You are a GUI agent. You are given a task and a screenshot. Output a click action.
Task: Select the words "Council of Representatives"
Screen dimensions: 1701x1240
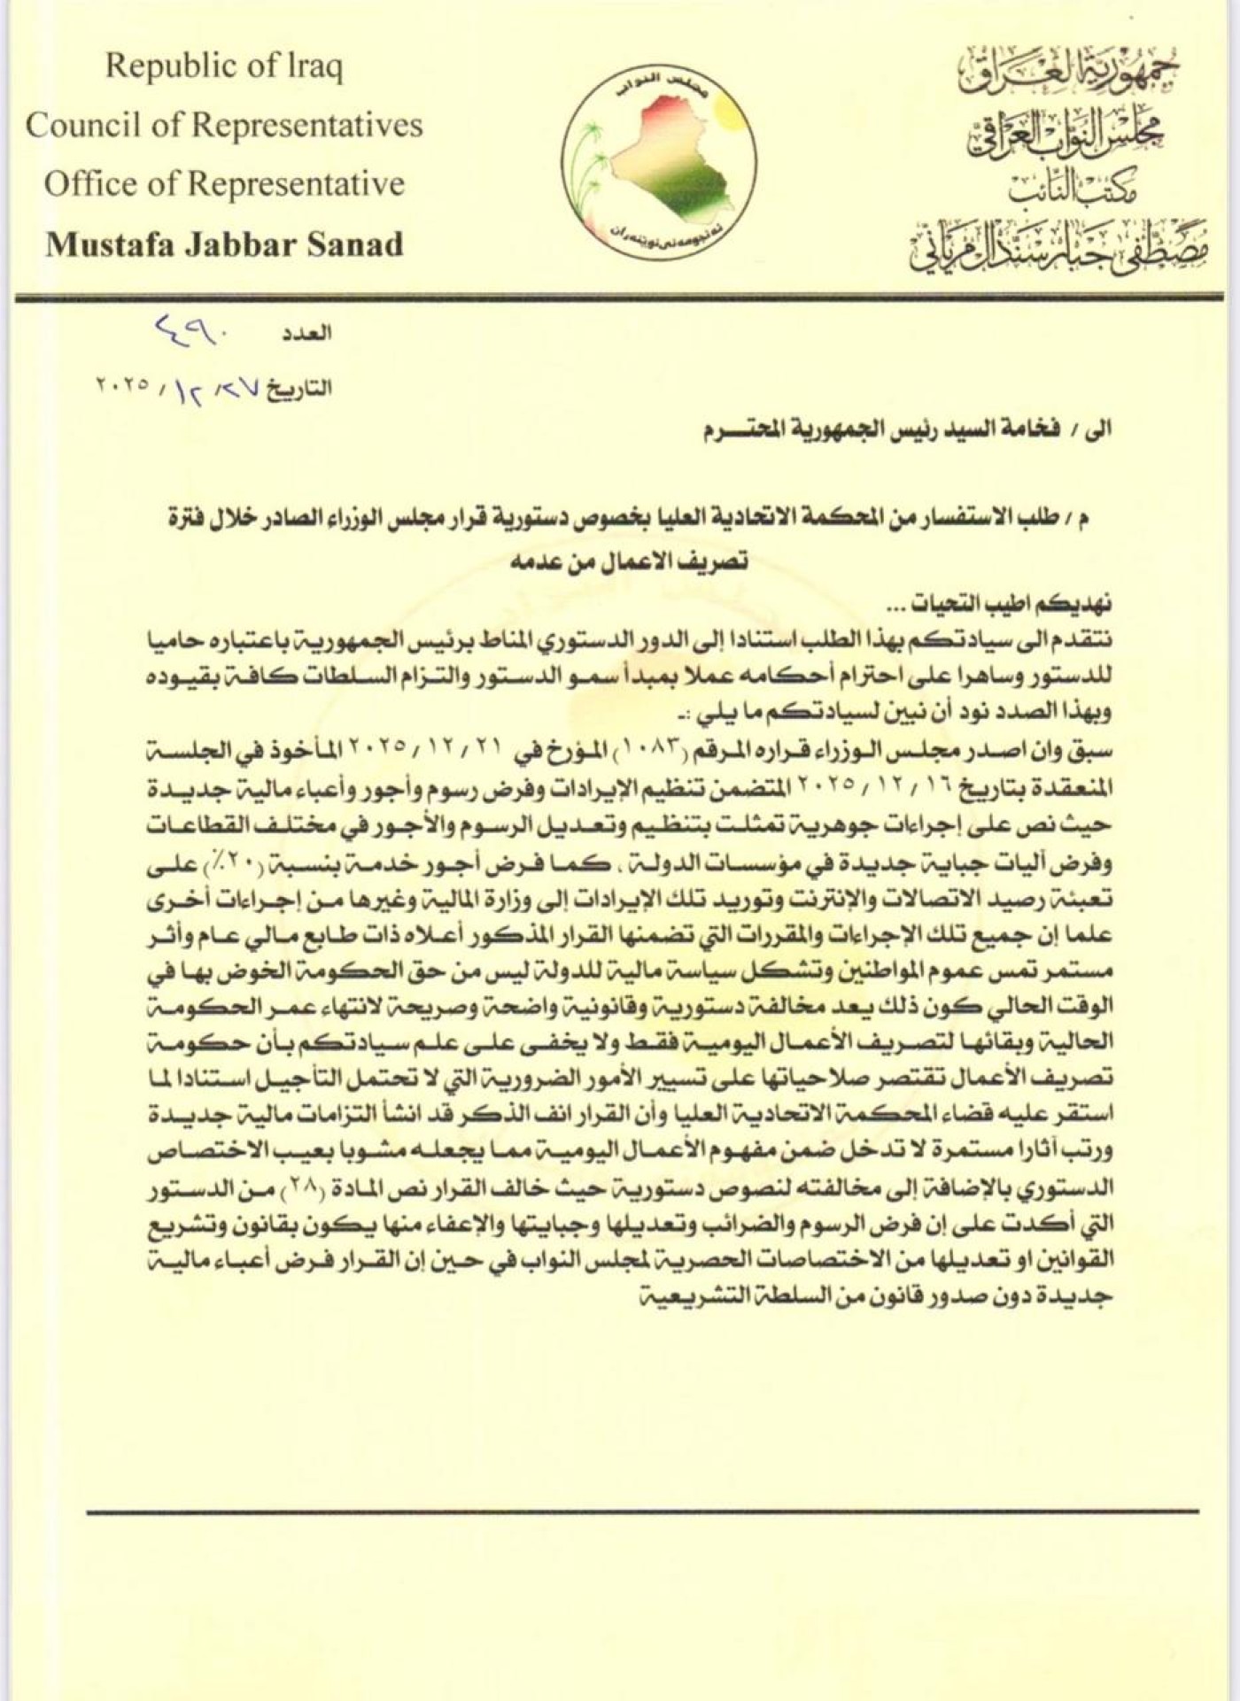[224, 125]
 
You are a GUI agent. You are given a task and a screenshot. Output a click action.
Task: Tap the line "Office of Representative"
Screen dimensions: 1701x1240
[224, 184]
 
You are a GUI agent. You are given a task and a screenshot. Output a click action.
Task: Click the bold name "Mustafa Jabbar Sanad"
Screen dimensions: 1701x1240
[224, 244]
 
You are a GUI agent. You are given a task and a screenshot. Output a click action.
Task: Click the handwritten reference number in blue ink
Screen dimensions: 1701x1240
[192, 332]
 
